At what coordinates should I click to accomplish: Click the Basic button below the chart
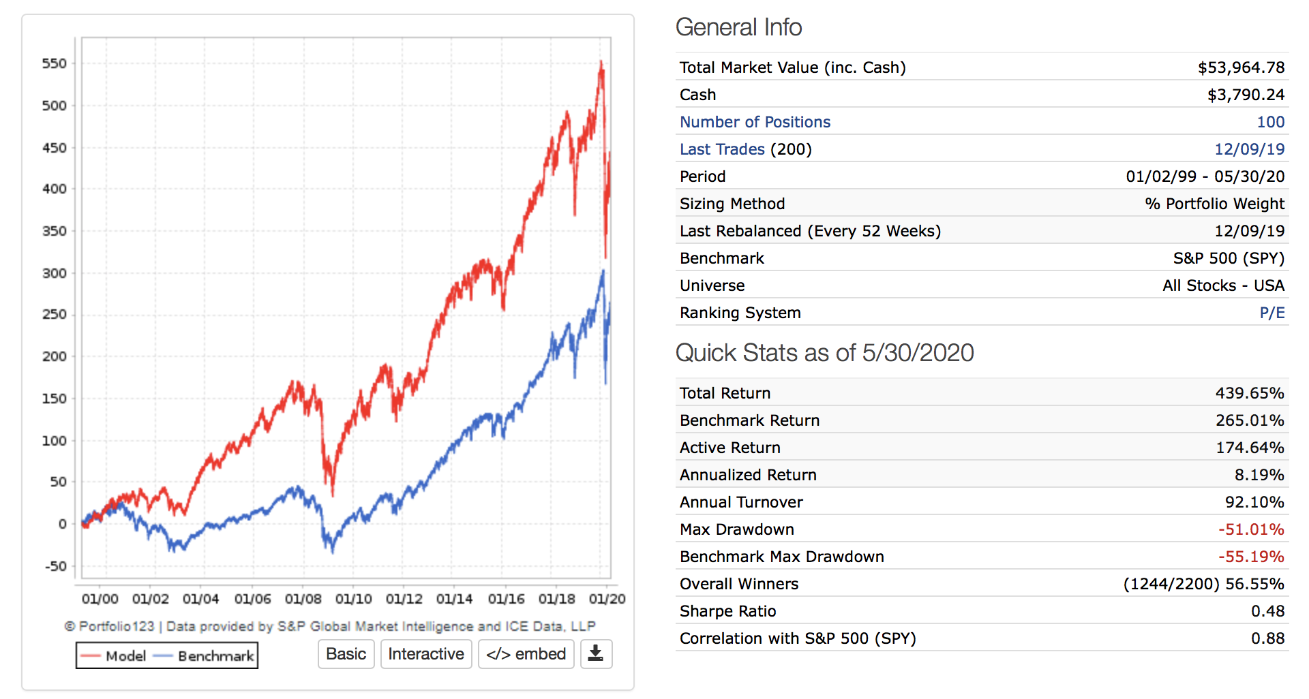coord(346,654)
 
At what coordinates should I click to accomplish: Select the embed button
coord(526,654)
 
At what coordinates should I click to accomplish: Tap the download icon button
coord(596,654)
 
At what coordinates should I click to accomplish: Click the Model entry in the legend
coord(113,656)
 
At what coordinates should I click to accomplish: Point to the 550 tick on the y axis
coord(55,64)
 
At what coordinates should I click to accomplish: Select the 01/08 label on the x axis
coord(303,599)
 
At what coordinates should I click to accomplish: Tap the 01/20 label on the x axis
coord(607,599)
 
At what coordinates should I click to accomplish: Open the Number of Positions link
coord(755,122)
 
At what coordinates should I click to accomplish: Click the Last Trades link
coord(722,149)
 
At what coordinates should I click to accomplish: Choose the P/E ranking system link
coord(1272,313)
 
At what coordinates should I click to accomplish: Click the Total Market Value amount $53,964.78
coord(1241,67)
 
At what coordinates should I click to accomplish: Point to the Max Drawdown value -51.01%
coord(1251,529)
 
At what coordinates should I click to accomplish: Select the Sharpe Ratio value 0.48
coord(1267,611)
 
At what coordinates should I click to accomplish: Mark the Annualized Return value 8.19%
coord(1259,475)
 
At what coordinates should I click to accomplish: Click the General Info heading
coord(738,27)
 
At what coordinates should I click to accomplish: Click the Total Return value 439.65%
coord(1250,393)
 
